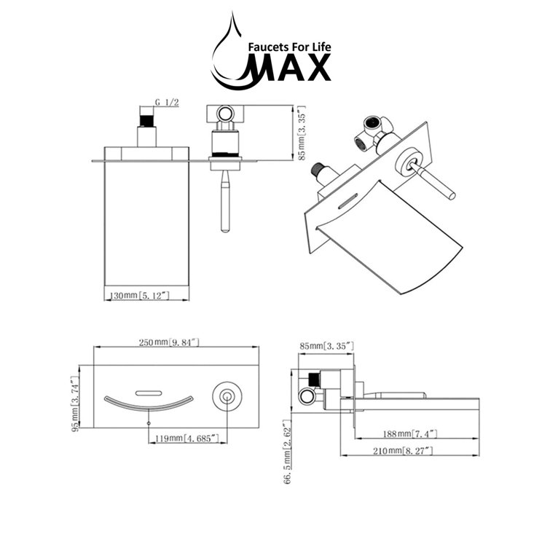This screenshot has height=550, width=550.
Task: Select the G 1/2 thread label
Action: point(167,104)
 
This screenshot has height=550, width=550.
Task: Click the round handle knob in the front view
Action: point(226,396)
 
